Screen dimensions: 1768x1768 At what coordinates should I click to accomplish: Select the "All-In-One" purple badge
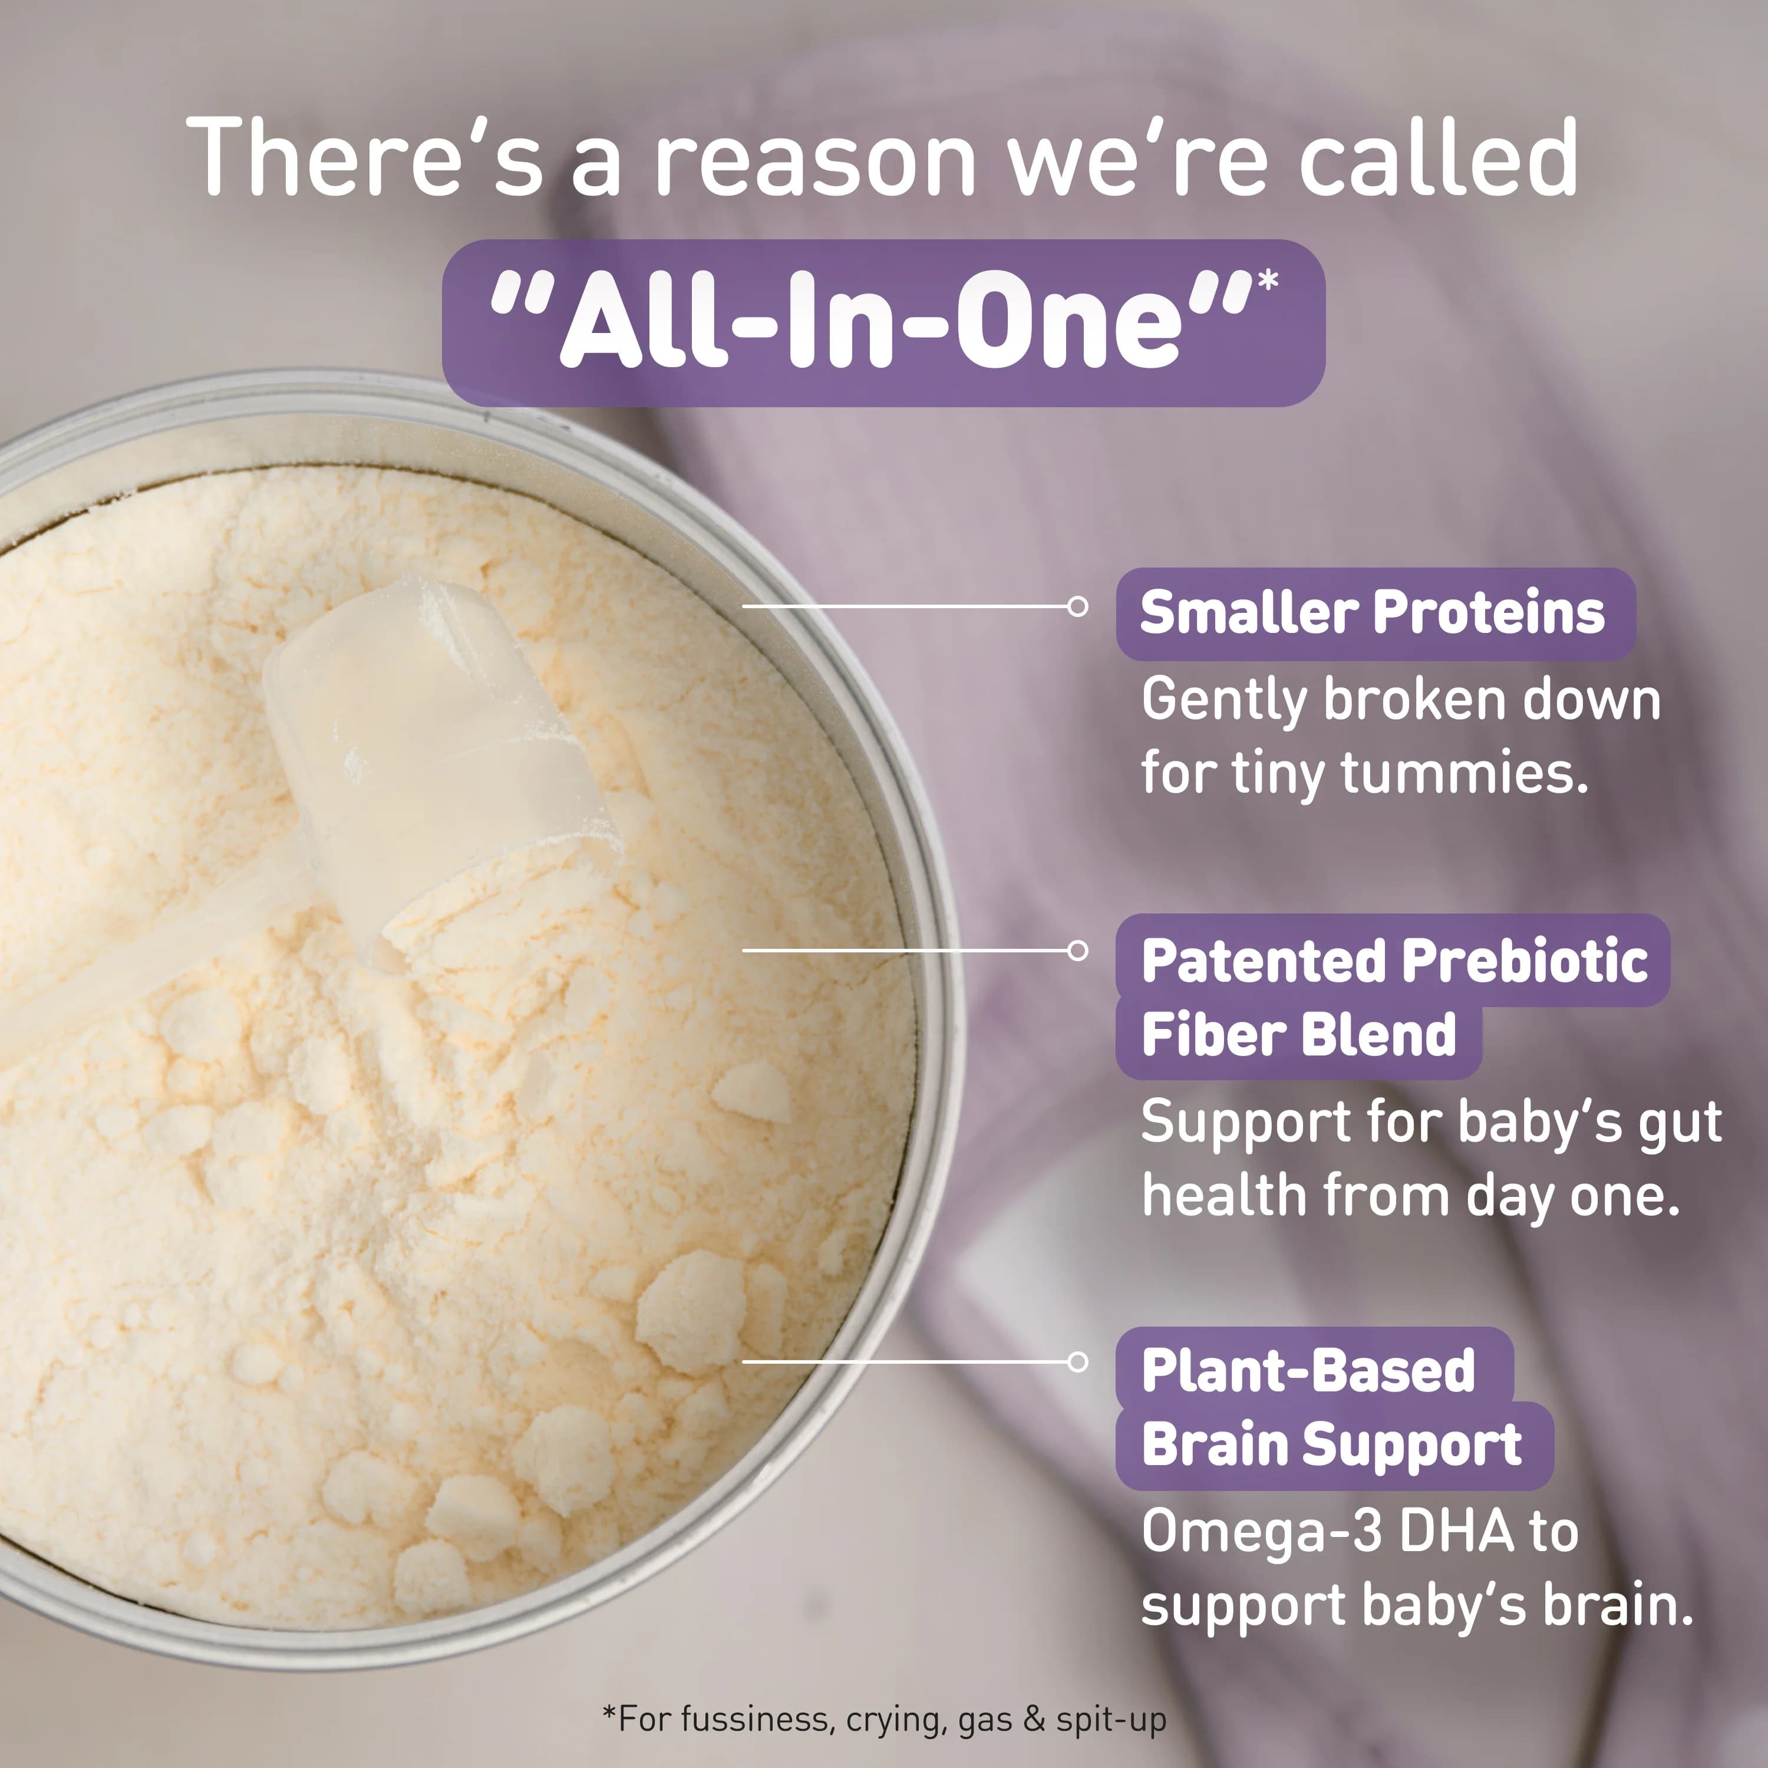(882, 323)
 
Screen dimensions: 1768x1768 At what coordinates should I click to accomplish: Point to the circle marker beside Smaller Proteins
(1078, 606)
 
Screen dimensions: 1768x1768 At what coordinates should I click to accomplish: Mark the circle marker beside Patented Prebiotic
(1078, 951)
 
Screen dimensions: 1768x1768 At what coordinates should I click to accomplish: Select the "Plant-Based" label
(1308, 1370)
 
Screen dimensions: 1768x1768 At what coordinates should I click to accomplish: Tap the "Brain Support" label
(1331, 1444)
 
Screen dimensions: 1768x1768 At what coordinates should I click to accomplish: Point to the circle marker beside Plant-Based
(1078, 1362)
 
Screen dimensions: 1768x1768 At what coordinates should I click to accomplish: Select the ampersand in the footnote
(1034, 1718)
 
